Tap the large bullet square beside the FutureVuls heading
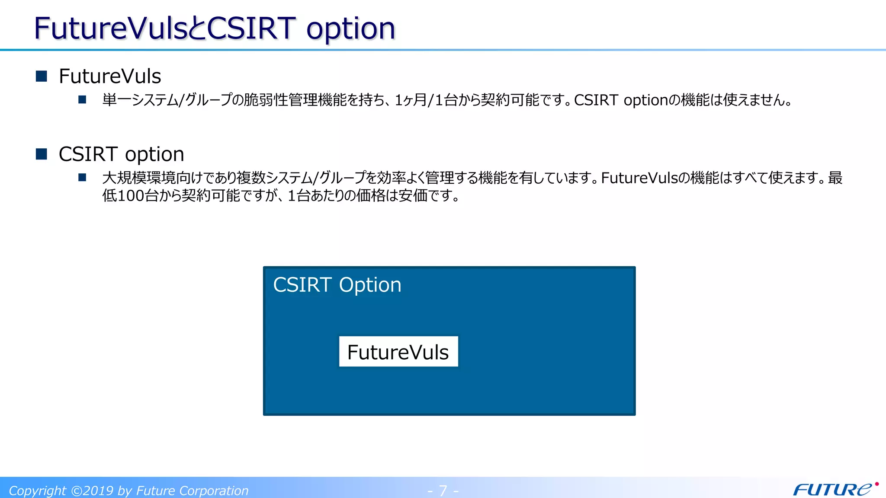pos(42,76)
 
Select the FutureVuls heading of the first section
pos(110,77)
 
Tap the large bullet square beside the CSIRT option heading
pos(42,154)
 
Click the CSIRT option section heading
pos(121,154)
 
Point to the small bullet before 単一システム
pos(82,100)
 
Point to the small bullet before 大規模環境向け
pos(82,178)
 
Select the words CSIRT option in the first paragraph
pos(621,100)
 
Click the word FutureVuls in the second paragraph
pos(639,178)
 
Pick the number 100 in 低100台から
pos(131,196)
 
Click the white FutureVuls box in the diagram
pos(398,351)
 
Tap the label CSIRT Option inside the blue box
pos(337,285)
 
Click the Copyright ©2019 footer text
pos(128,491)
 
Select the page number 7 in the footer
pos(443,491)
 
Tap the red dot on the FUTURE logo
pos(876,484)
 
